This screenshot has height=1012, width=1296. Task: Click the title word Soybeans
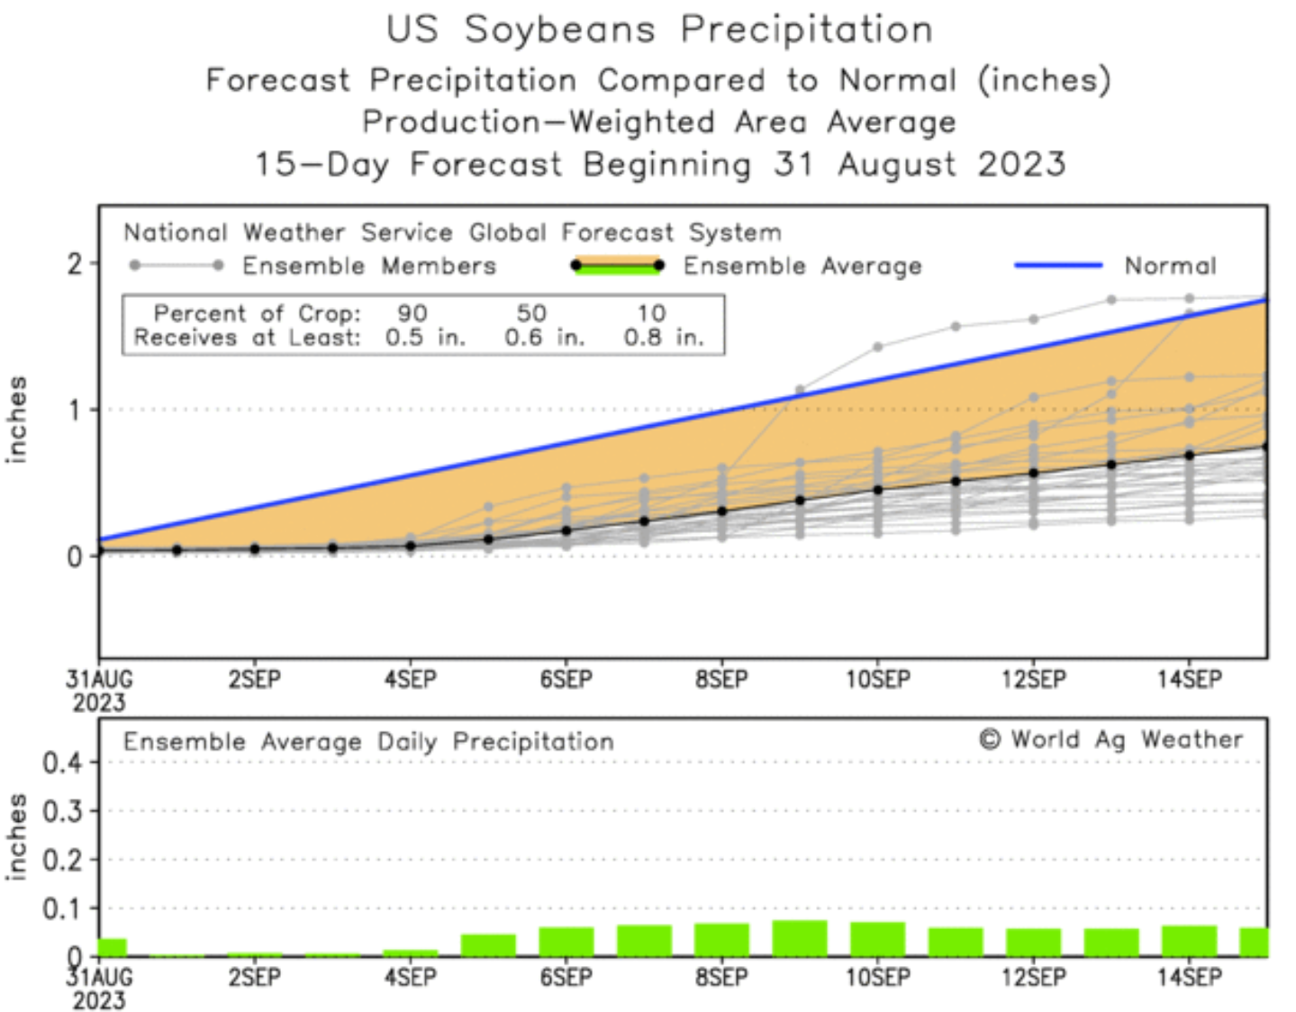coord(559,30)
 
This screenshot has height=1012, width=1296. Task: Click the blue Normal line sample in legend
coord(1058,266)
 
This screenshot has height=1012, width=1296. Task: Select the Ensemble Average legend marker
coord(618,266)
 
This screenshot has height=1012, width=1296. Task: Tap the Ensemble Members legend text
coord(369,267)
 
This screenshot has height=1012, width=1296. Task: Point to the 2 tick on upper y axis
coord(76,264)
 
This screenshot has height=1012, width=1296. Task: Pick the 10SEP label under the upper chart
coord(877,680)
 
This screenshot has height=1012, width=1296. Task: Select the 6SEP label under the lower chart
coord(566,978)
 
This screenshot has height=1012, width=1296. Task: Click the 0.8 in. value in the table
coord(663,338)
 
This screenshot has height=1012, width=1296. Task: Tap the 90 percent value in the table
coord(412,313)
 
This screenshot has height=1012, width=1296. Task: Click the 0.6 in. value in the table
coord(544,338)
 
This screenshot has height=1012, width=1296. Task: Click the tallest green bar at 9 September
coord(800,938)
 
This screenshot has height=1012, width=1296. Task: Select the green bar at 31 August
coord(113,947)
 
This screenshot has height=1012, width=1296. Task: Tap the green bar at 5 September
coord(488,945)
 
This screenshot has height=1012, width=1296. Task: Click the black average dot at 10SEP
coord(878,490)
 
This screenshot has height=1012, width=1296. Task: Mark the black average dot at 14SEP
coord(1190,455)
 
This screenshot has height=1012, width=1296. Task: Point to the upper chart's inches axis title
coord(16,420)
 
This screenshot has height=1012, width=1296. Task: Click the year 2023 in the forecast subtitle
coord(1021,165)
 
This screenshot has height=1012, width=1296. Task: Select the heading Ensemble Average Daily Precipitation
coord(368,742)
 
